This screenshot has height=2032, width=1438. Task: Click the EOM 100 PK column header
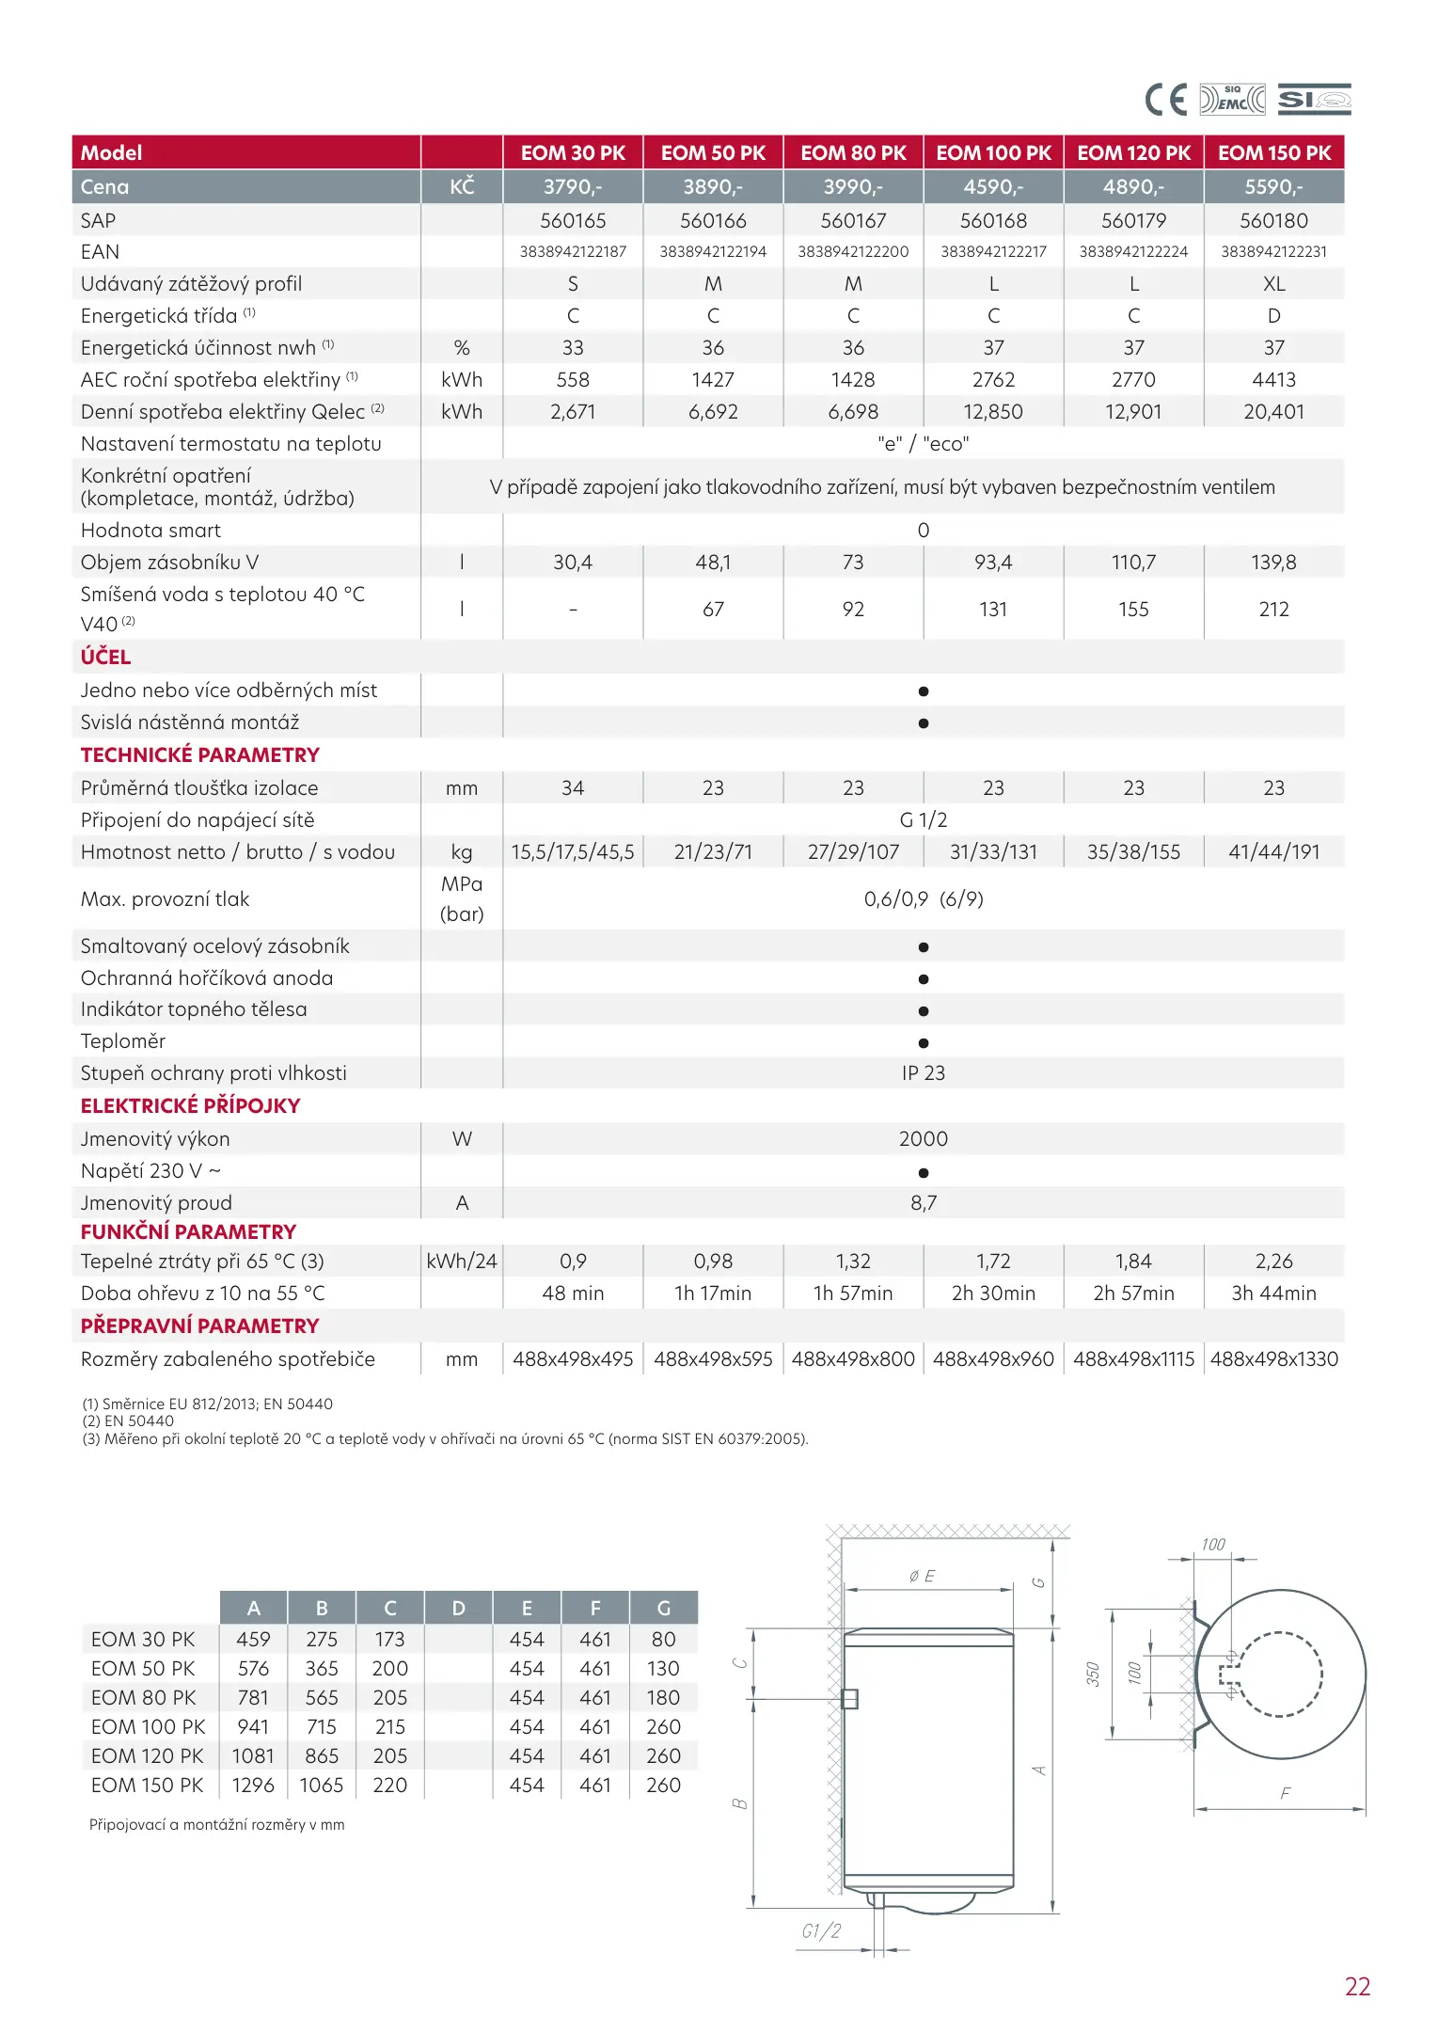pyautogui.click(x=993, y=152)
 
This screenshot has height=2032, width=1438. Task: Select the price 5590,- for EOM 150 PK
pyautogui.click(x=1273, y=186)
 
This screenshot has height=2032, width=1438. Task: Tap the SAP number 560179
pyautogui.click(x=1133, y=221)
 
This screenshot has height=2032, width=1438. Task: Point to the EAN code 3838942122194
pyautogui.click(x=713, y=252)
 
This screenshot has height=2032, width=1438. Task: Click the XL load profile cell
pyautogui.click(x=1273, y=284)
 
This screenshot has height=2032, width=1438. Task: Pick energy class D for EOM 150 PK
pyautogui.click(x=1273, y=316)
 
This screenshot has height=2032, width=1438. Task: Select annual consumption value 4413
pyautogui.click(x=1273, y=380)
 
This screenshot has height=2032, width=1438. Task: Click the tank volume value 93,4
pyautogui.click(x=993, y=563)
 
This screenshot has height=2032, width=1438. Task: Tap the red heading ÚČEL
pyautogui.click(x=105, y=657)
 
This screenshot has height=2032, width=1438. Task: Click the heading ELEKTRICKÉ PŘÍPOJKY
pyautogui.click(x=190, y=1105)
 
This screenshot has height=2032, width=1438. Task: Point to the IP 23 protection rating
pyautogui.click(x=923, y=1073)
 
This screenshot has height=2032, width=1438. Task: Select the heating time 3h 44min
pyautogui.click(x=1273, y=1294)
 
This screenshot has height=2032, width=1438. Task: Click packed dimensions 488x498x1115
pyautogui.click(x=1133, y=1359)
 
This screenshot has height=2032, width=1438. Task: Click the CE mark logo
pyautogui.click(x=1166, y=99)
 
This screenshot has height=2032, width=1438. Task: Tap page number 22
pyautogui.click(x=1357, y=1987)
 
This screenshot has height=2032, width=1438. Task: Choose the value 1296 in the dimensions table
pyautogui.click(x=253, y=1786)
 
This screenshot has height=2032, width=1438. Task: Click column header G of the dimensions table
pyautogui.click(x=663, y=1609)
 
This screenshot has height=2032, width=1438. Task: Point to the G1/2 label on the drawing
pyautogui.click(x=821, y=1931)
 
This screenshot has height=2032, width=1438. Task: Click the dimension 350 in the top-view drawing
pyautogui.click(x=1093, y=1674)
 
